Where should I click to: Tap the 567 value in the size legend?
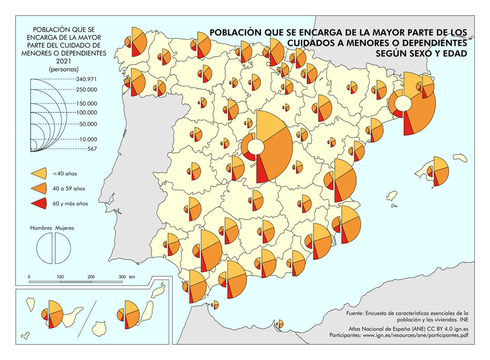(91, 149)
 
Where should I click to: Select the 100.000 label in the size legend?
(86, 112)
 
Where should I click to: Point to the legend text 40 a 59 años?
(68, 188)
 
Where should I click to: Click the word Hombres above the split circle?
(41, 229)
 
